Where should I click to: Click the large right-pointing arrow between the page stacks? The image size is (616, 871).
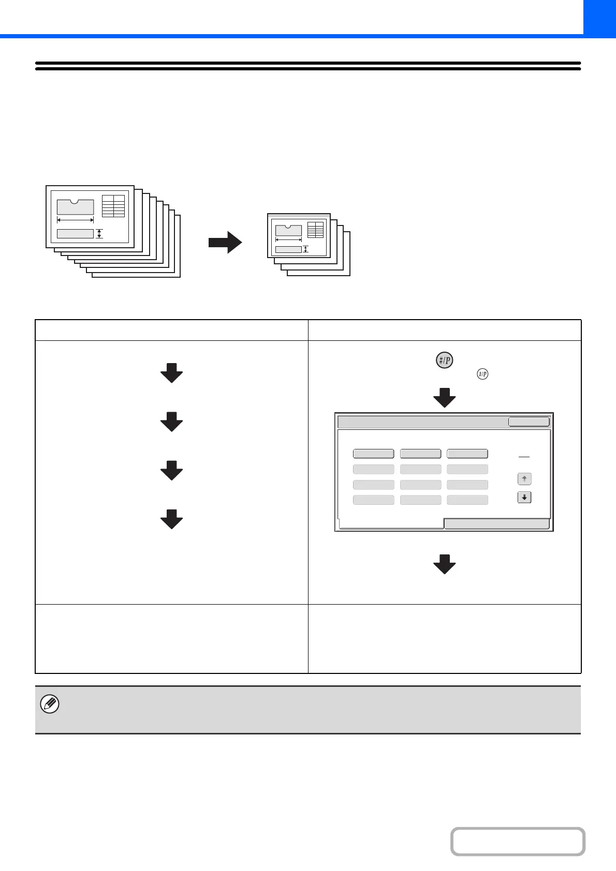click(x=225, y=243)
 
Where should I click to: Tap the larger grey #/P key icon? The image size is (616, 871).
click(x=444, y=360)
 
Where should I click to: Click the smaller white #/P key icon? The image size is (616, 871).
click(x=482, y=374)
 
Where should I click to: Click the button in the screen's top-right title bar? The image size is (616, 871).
click(x=529, y=422)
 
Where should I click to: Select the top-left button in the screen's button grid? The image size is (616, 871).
click(x=373, y=454)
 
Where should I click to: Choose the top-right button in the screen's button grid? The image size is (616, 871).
click(x=467, y=454)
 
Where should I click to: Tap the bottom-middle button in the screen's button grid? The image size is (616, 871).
click(x=420, y=500)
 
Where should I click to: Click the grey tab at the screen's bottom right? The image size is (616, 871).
click(x=496, y=524)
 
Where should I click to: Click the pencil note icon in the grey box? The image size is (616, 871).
click(x=50, y=704)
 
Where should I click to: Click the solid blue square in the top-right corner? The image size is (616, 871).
click(x=599, y=17)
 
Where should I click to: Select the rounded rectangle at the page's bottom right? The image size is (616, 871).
click(x=518, y=842)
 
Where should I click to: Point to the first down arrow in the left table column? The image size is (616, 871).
click(x=171, y=372)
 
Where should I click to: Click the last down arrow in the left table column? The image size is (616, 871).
click(x=171, y=519)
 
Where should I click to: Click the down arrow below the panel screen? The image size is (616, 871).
click(x=444, y=564)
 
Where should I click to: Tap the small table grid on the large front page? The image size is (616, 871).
click(x=113, y=206)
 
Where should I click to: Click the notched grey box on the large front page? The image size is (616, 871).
click(x=75, y=207)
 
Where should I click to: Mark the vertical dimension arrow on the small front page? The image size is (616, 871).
click(x=305, y=249)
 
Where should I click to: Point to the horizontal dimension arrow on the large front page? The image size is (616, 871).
click(x=75, y=220)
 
